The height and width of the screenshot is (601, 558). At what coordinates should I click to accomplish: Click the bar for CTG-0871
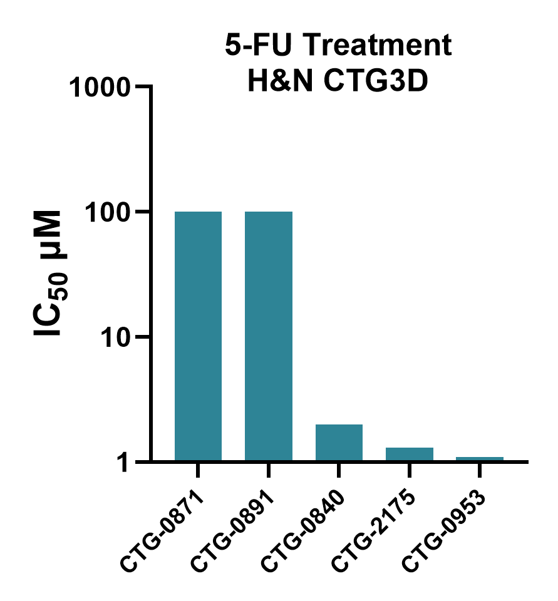point(198,336)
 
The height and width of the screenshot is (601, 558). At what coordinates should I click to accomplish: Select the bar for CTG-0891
point(268,336)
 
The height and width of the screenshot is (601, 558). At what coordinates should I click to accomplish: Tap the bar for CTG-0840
point(339,443)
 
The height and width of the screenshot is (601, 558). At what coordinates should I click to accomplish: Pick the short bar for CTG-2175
point(410,455)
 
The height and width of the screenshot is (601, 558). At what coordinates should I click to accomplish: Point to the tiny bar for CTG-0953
point(480,459)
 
